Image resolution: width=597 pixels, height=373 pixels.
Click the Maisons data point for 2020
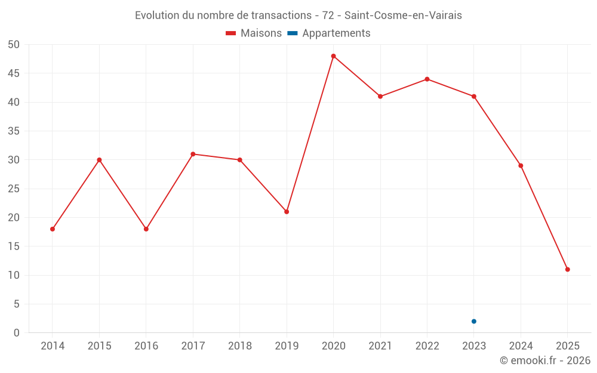pyautogui.click(x=333, y=56)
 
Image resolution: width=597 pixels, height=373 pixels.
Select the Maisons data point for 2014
pyautogui.click(x=53, y=229)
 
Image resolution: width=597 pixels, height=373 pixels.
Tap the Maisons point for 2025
pyautogui.click(x=567, y=269)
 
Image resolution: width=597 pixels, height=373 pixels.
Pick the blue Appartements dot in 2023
pyautogui.click(x=474, y=322)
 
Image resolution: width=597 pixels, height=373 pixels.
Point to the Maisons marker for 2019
pyautogui.click(x=287, y=212)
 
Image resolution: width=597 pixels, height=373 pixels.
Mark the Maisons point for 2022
pyautogui.click(x=427, y=79)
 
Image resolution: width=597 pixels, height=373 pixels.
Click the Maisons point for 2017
pyautogui.click(x=193, y=154)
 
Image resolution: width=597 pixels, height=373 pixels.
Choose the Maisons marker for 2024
pyautogui.click(x=521, y=166)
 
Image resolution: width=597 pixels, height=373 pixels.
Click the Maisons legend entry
pyautogui.click(x=254, y=33)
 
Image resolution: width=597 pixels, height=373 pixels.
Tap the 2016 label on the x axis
pyautogui.click(x=146, y=346)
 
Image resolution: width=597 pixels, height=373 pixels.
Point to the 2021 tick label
pyautogui.click(x=380, y=346)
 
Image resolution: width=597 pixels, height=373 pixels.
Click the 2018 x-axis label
pyautogui.click(x=240, y=346)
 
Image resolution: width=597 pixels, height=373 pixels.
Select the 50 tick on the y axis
pyautogui.click(x=14, y=45)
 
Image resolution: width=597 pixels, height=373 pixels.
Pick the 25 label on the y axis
pyautogui.click(x=14, y=189)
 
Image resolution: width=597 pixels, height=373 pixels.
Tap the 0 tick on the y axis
pyautogui.click(x=17, y=333)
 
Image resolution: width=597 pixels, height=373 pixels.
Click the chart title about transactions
pyautogui.click(x=298, y=16)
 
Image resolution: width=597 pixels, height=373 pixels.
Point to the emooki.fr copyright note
pyautogui.click(x=545, y=360)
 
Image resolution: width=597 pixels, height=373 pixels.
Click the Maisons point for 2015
pyautogui.click(x=99, y=160)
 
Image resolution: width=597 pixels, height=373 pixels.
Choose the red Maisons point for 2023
pyautogui.click(x=474, y=97)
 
